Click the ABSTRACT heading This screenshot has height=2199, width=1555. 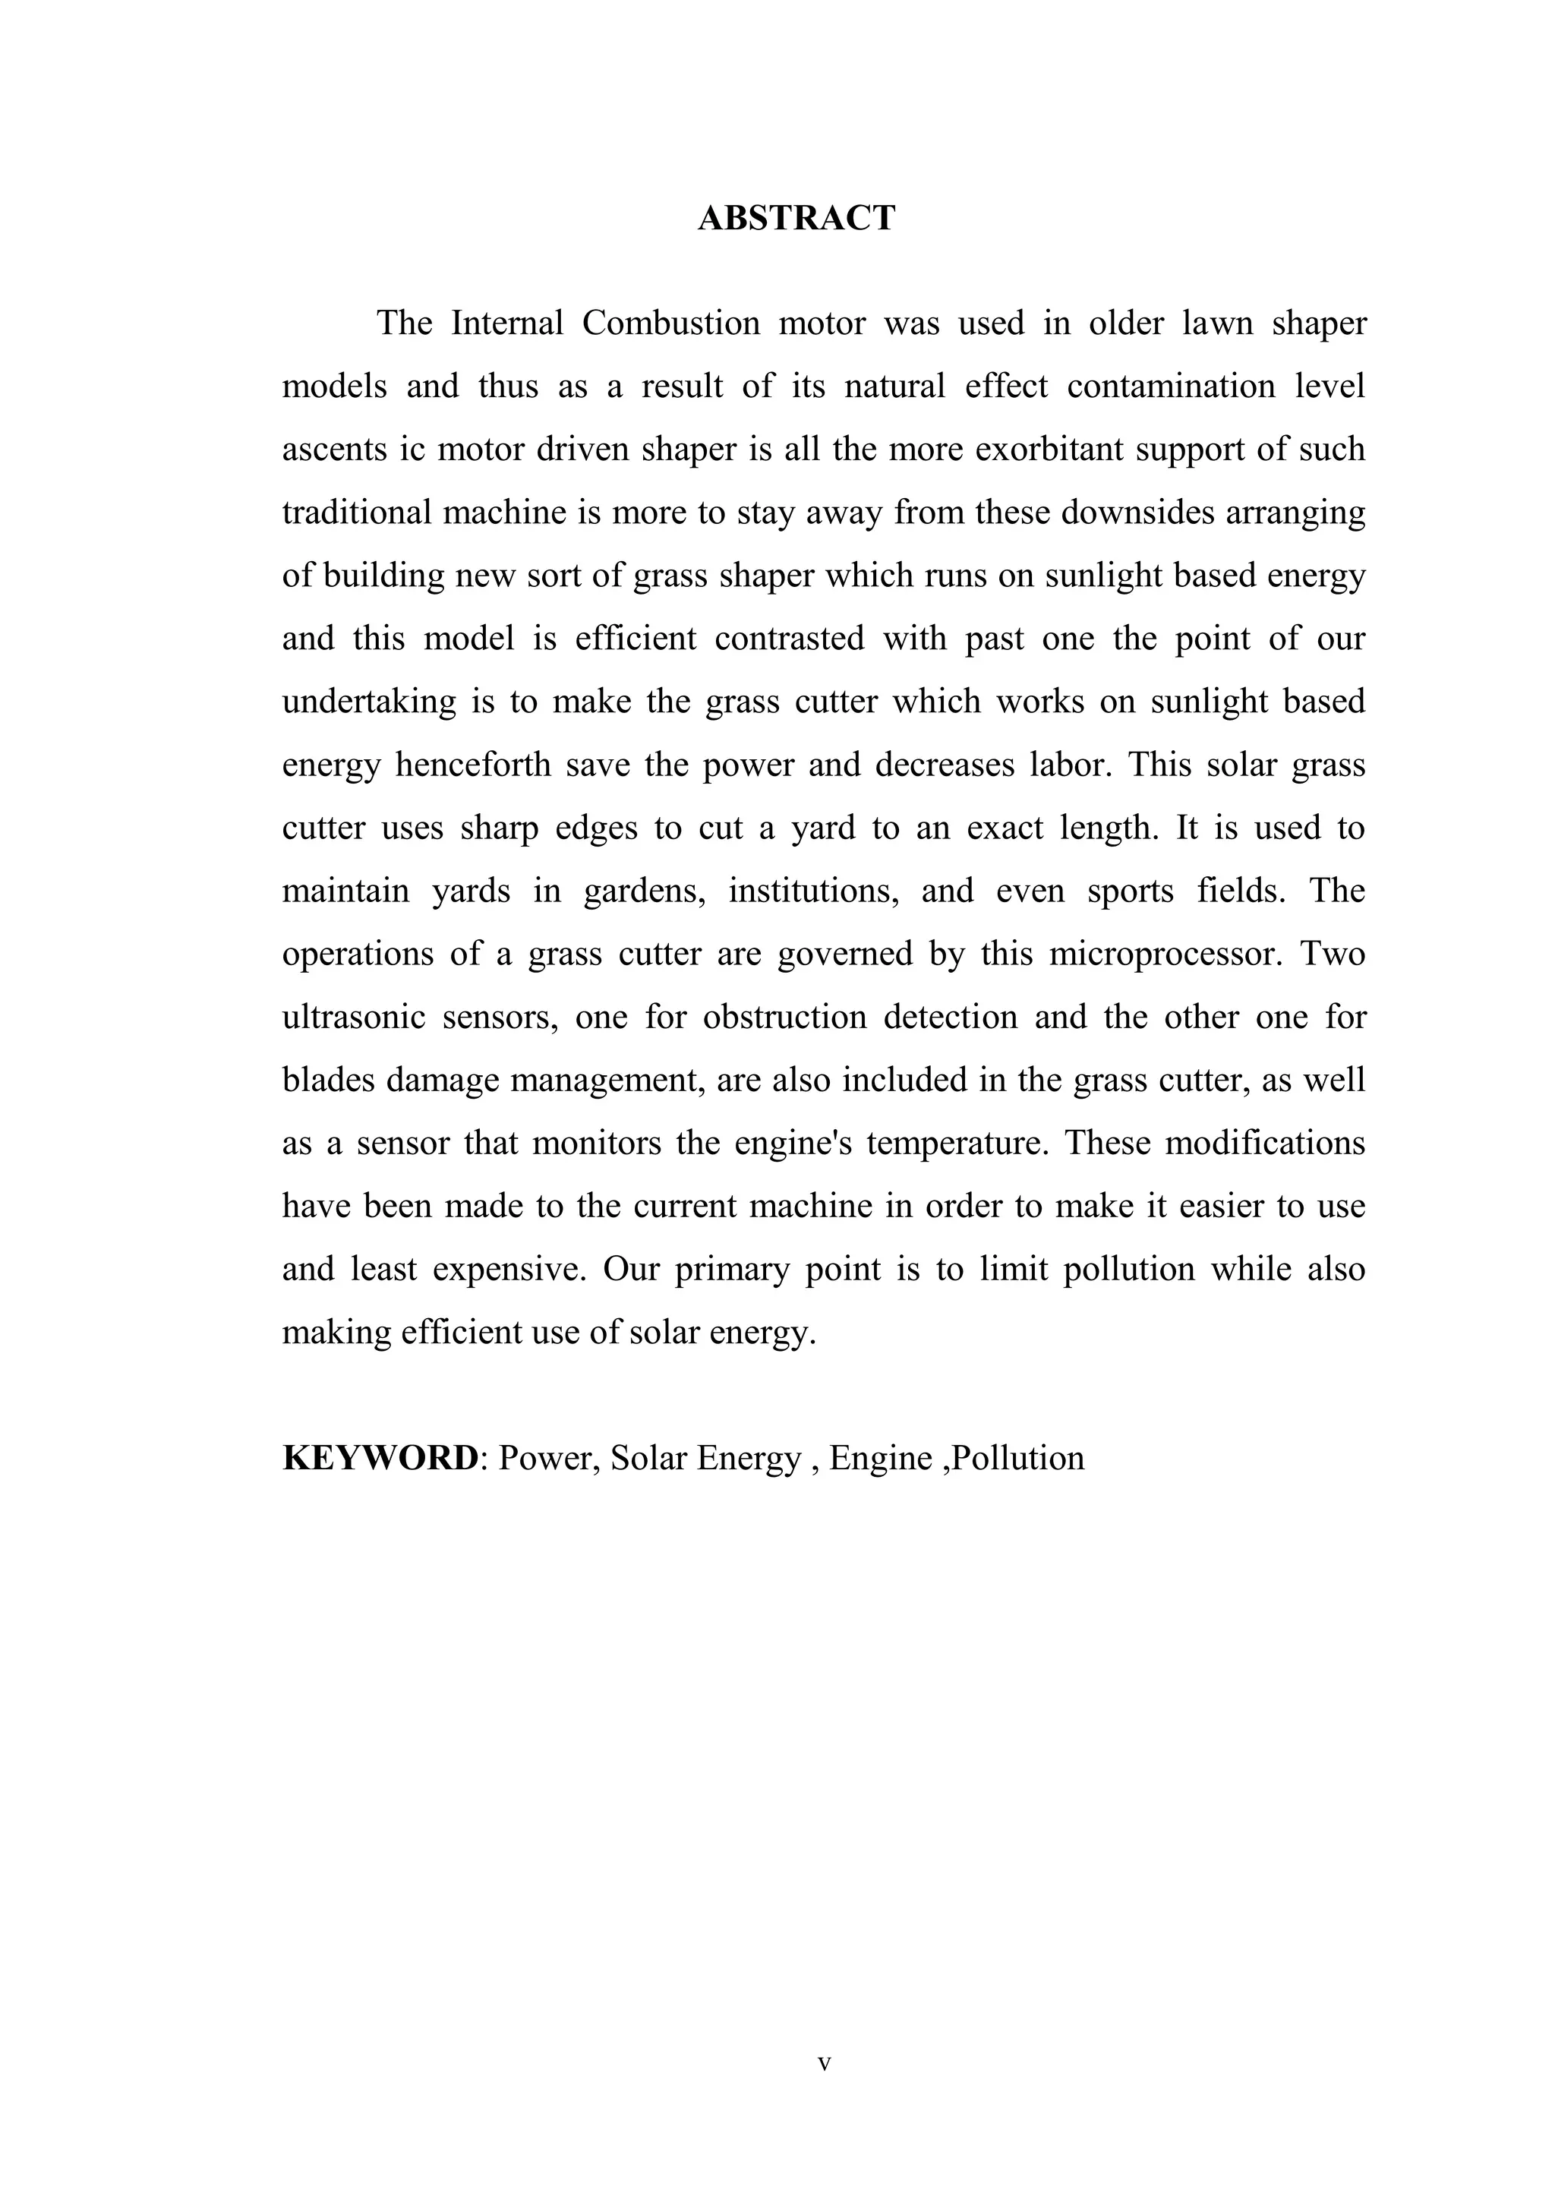click(796, 219)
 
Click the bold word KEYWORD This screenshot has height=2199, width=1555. click(380, 1458)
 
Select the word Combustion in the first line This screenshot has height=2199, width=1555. click(670, 323)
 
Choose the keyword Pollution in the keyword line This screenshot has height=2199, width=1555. click(1019, 1458)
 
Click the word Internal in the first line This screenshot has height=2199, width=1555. click(507, 323)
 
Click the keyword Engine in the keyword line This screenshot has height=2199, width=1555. click(880, 1458)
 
